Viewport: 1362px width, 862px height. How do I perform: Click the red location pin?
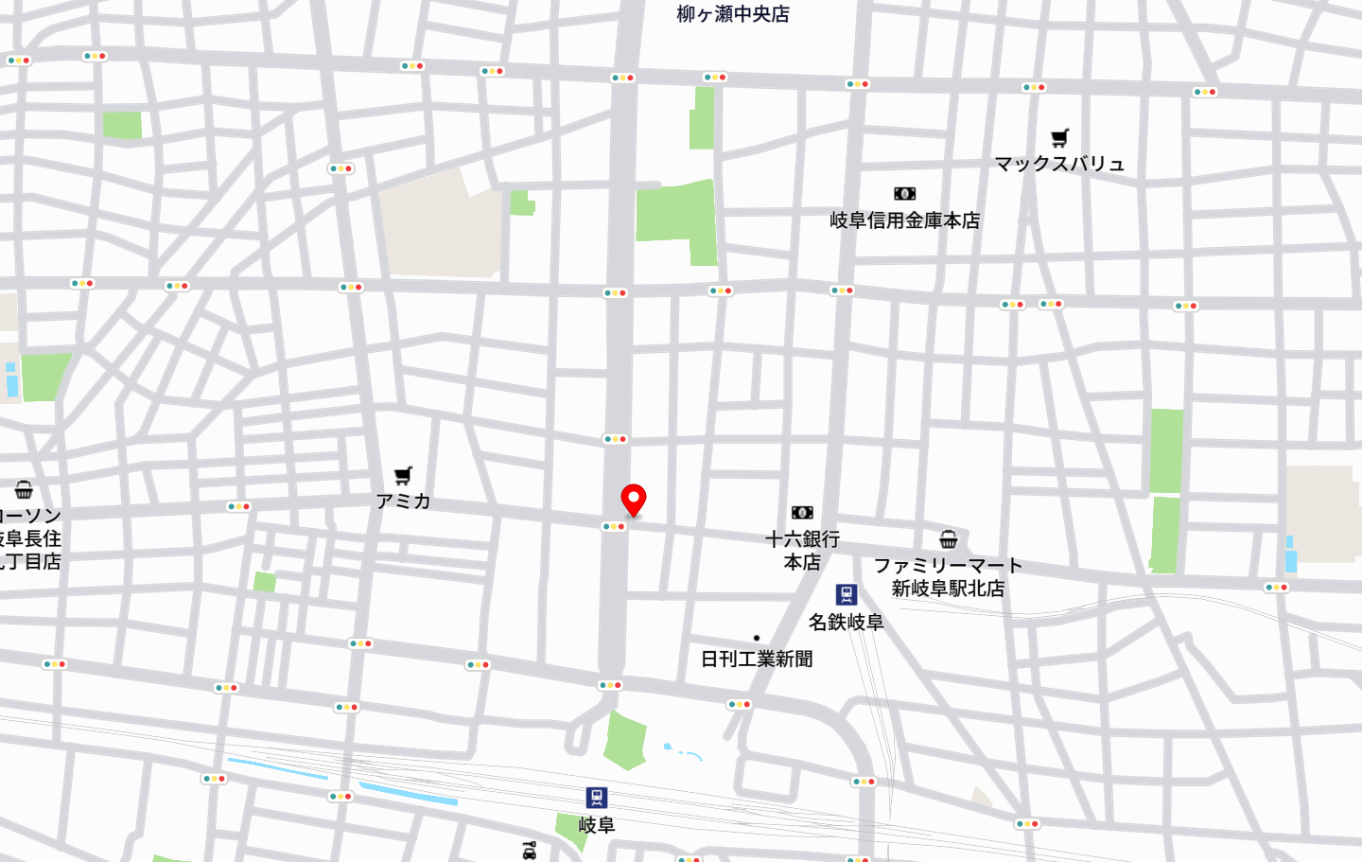click(x=633, y=498)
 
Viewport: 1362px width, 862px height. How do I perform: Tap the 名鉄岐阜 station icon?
click(x=847, y=594)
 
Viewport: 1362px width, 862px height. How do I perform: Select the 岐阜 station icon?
click(x=596, y=798)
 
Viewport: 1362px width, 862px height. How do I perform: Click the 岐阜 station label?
click(x=597, y=825)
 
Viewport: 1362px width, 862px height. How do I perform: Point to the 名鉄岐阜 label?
click(x=846, y=623)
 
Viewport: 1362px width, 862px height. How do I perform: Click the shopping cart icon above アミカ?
click(x=404, y=475)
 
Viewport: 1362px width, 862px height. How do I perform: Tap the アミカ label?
click(x=404, y=501)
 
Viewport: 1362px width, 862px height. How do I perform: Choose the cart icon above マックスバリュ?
click(x=1060, y=138)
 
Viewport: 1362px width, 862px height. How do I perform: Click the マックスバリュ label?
click(x=1059, y=164)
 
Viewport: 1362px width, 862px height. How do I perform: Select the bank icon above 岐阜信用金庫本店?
click(x=905, y=194)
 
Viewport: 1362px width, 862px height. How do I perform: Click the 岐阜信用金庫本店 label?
click(x=905, y=220)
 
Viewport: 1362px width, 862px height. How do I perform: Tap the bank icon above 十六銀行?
click(x=802, y=513)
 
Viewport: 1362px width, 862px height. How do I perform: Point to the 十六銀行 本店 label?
click(x=802, y=551)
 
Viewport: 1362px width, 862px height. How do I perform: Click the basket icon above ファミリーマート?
click(x=949, y=539)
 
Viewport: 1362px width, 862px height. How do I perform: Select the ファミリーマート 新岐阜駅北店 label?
click(x=948, y=577)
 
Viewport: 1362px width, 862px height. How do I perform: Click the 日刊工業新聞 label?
click(x=757, y=660)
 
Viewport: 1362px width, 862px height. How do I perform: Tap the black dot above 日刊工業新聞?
click(x=757, y=638)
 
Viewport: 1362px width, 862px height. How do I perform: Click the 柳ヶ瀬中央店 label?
click(x=733, y=14)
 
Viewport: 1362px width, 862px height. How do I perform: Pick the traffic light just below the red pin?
click(x=614, y=526)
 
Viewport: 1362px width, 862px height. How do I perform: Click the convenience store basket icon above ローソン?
click(x=24, y=489)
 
